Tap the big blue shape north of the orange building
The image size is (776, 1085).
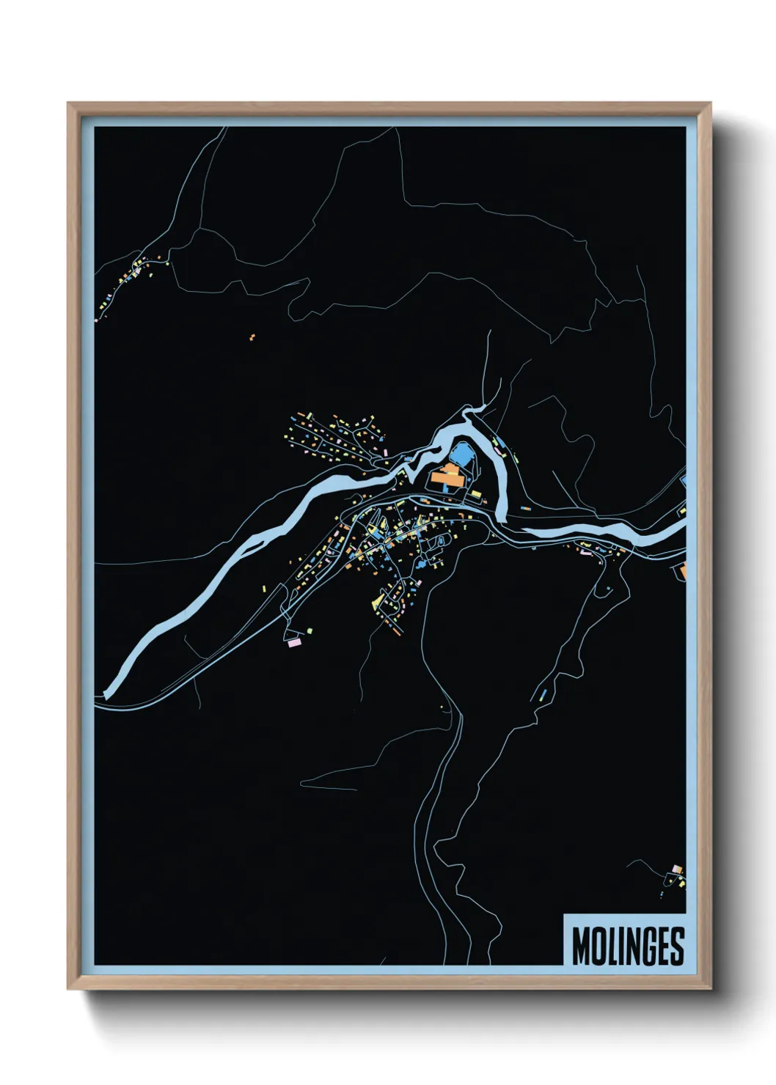click(461, 453)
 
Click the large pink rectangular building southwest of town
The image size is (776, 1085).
click(295, 643)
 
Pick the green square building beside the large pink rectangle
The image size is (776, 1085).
click(310, 630)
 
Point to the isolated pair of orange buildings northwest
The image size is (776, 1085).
click(252, 338)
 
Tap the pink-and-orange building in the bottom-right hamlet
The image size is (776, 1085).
click(677, 869)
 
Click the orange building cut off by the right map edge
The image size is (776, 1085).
click(682, 570)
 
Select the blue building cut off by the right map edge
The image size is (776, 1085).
click(684, 480)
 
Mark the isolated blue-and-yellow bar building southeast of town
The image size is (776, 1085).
click(543, 693)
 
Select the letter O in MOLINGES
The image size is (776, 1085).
click(600, 946)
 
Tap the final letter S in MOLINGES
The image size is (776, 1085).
click(676, 946)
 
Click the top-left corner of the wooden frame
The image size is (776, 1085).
click(68, 103)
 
